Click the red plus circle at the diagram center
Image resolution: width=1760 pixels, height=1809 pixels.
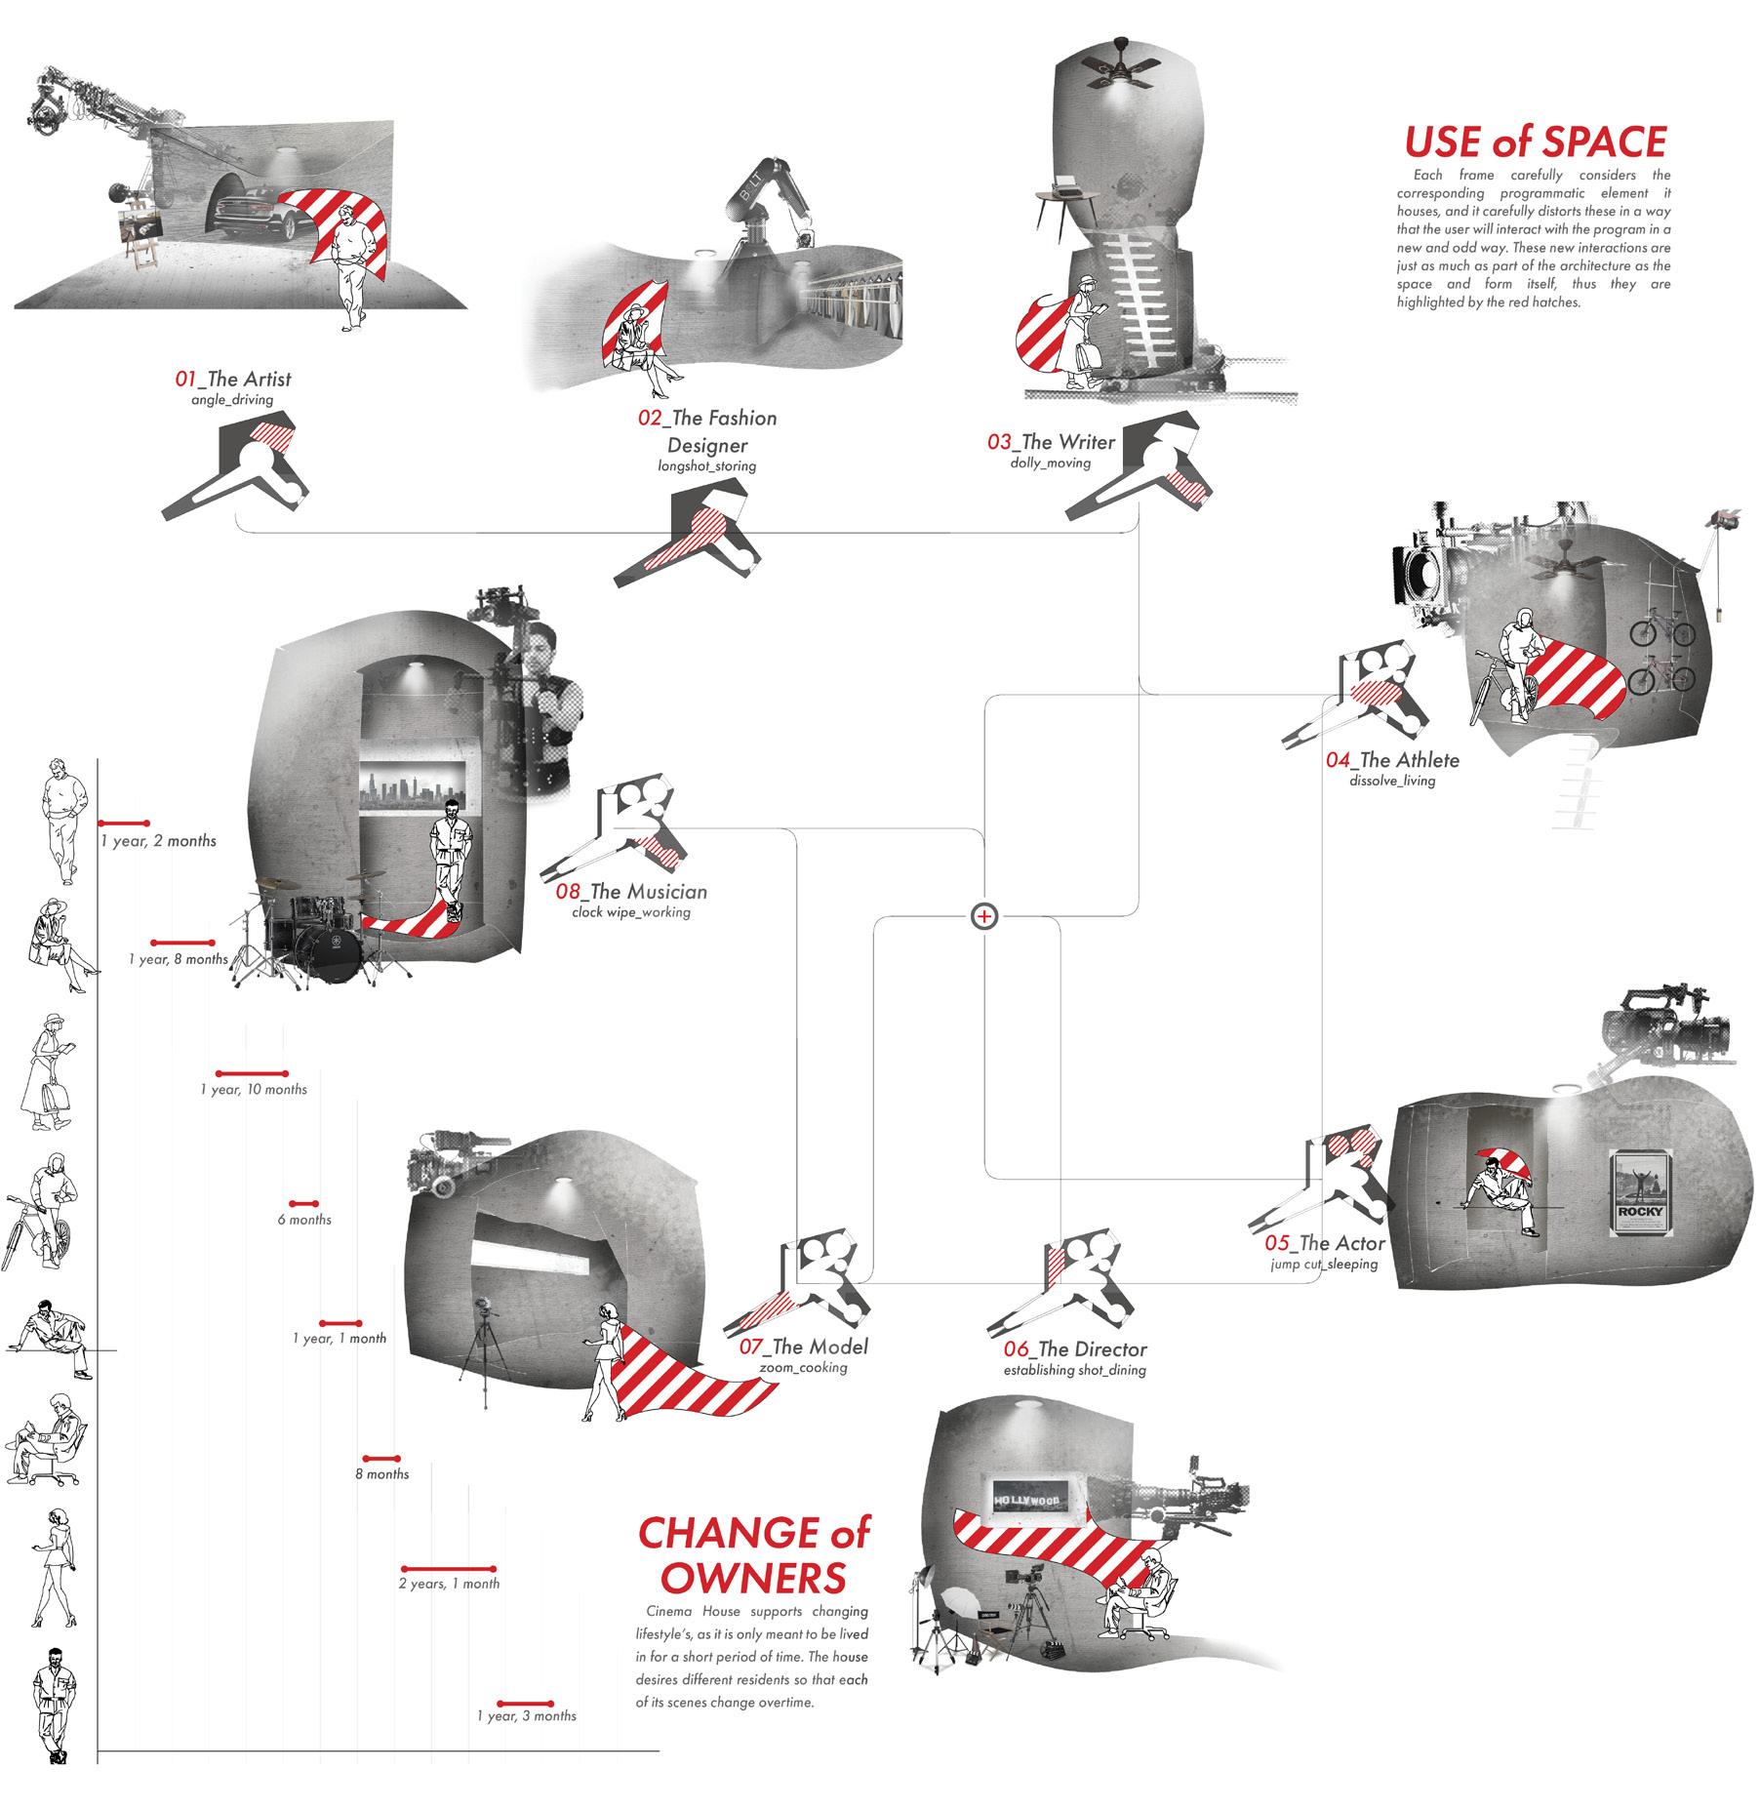pos(984,916)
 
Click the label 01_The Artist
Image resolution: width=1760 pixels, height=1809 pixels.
pos(232,380)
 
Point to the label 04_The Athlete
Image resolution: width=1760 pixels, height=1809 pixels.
pos(1391,760)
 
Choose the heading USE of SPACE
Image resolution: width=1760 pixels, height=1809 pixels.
pos(1535,142)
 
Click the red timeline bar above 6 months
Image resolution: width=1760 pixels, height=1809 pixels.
pos(303,1204)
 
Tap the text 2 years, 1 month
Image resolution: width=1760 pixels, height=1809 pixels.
pos(449,1584)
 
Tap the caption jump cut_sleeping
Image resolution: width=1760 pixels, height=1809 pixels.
pos(1323,1265)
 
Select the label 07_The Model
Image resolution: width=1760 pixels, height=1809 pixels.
pos(803,1347)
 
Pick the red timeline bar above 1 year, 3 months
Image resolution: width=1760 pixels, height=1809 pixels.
pos(525,1703)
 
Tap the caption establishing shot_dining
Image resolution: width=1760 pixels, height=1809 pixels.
pos(1074,1370)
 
